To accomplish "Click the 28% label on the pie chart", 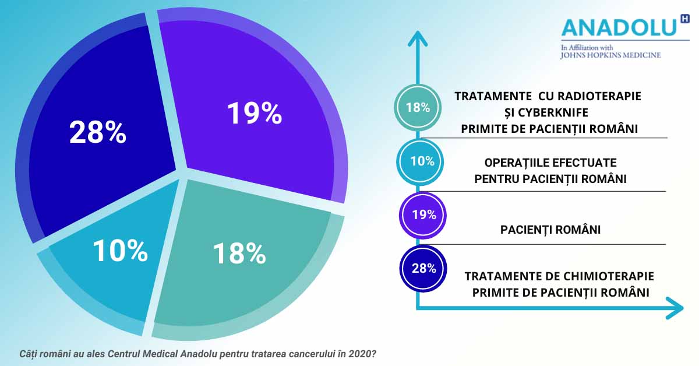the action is [98, 132].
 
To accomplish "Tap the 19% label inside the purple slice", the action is [255, 113].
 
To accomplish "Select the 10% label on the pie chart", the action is [120, 251].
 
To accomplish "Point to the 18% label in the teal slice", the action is [239, 254].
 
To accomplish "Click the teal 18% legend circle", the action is [418, 107].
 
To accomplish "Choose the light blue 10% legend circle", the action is [420, 162].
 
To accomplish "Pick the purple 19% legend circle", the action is [422, 215].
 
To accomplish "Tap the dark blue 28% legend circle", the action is [423, 269].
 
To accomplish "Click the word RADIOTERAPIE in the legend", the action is [599, 96].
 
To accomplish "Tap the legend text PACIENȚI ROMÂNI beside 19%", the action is [550, 230].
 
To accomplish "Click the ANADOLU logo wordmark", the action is [619, 27].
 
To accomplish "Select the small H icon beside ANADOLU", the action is [684, 19].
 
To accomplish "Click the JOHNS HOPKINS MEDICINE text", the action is [610, 55].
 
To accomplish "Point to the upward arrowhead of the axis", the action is [418, 38].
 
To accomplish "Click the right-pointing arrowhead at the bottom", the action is [675, 308].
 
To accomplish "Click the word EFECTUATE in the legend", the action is [584, 163].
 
